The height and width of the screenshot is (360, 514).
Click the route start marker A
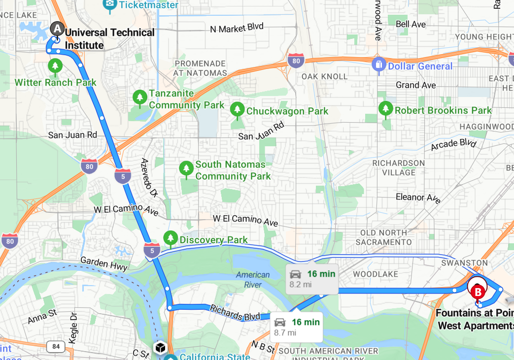(57, 29)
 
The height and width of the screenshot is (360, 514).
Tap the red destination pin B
(477, 292)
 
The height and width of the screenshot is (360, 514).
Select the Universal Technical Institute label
(109, 39)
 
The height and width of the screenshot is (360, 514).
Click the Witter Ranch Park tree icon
(55, 65)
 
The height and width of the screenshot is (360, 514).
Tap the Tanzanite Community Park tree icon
(140, 97)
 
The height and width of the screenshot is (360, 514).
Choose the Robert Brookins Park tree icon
(385, 108)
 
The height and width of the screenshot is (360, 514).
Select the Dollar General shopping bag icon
(378, 64)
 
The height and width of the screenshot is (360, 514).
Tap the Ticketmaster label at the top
(147, 5)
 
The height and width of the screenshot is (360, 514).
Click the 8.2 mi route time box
(312, 279)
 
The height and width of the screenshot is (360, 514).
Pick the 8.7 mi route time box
(297, 327)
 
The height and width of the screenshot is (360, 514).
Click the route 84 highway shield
(56, 347)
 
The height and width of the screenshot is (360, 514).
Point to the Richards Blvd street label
(235, 313)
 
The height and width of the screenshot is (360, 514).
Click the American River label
(253, 279)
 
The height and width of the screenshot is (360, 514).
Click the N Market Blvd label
(237, 29)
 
